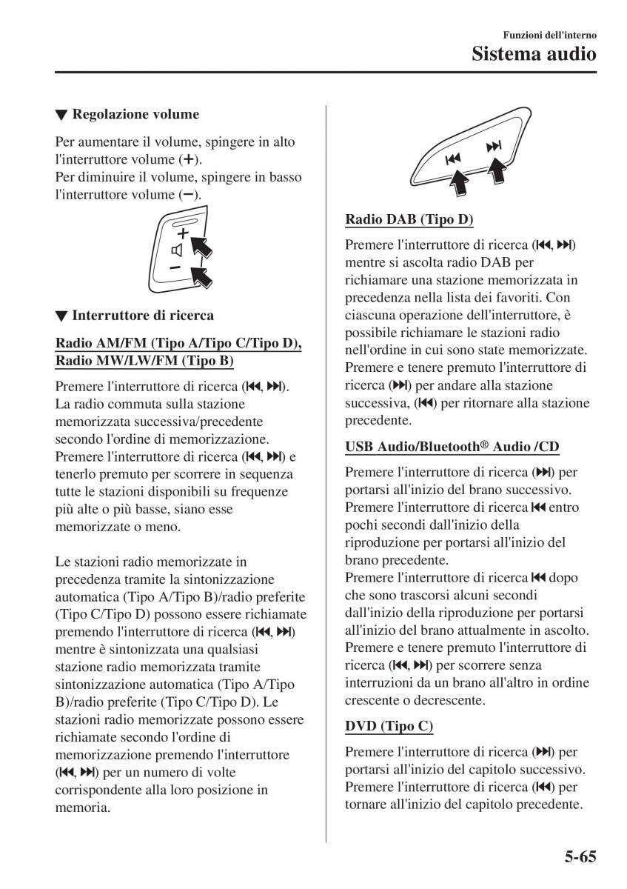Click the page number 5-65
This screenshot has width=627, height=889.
point(574,857)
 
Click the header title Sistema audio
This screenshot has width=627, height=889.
point(534,53)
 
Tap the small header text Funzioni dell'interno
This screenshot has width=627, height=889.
point(549,35)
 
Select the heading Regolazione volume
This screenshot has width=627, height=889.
point(135,114)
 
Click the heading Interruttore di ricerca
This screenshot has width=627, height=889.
point(142,315)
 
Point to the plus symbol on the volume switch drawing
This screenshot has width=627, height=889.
point(182,233)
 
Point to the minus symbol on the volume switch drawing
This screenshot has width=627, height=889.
point(175,267)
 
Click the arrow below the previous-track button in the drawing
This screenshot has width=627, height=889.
point(460,183)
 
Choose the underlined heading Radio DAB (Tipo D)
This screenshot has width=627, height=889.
point(409,219)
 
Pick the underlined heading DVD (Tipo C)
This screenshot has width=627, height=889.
point(389,726)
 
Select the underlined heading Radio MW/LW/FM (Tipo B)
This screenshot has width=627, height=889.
point(144,361)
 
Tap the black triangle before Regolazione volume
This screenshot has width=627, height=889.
point(61,115)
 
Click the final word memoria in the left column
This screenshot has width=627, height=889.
point(82,807)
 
